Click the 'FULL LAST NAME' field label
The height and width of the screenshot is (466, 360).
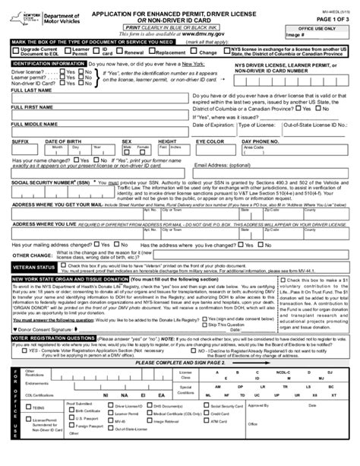29,90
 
